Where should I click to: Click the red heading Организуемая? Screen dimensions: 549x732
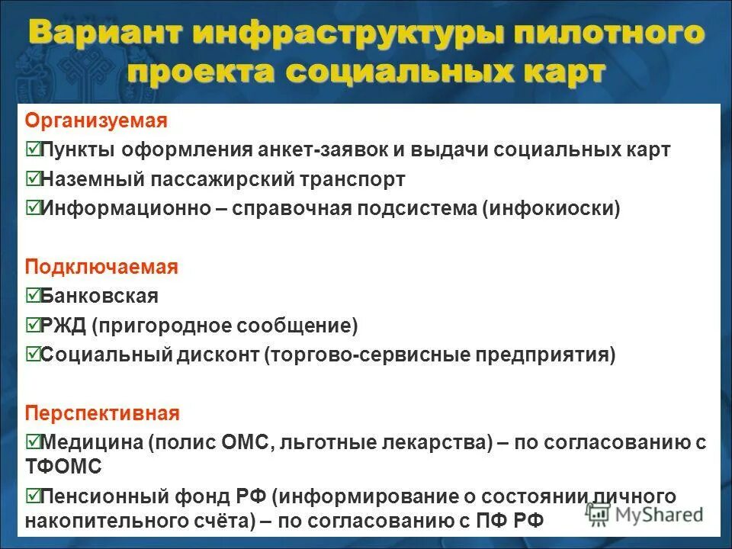click(x=96, y=120)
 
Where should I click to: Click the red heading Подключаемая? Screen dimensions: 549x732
click(x=101, y=267)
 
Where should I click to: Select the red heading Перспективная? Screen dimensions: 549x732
click(x=102, y=413)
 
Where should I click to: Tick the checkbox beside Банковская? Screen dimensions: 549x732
click(x=32, y=295)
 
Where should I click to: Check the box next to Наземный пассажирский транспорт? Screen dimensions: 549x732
click(x=32, y=179)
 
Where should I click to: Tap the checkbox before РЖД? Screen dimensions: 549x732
click(x=32, y=325)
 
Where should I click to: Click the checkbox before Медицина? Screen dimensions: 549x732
click(x=32, y=441)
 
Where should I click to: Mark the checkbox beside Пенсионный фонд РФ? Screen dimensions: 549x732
click(x=32, y=496)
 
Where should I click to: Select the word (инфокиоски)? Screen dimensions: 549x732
click(x=551, y=209)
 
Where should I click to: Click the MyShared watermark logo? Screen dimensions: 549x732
click(x=647, y=513)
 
